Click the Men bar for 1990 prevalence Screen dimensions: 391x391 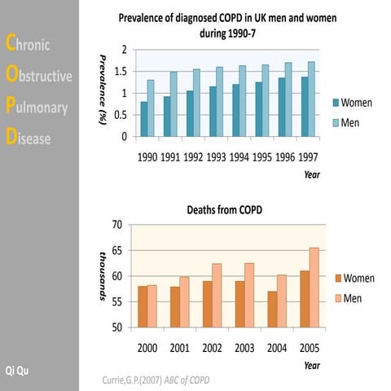point(150,108)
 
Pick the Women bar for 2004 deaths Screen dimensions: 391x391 point(272,310)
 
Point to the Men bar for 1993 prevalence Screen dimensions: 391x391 point(219,102)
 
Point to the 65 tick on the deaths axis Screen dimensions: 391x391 point(117,250)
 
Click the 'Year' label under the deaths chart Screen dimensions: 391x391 point(312,364)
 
